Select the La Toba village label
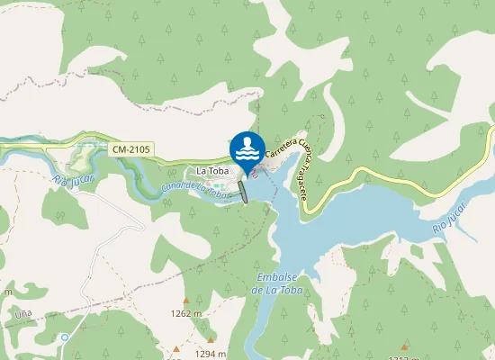click(x=212, y=171)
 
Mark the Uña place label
click(x=23, y=315)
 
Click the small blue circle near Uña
click(x=65, y=337)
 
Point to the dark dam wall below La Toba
click(x=243, y=192)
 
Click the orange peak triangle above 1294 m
click(x=177, y=347)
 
